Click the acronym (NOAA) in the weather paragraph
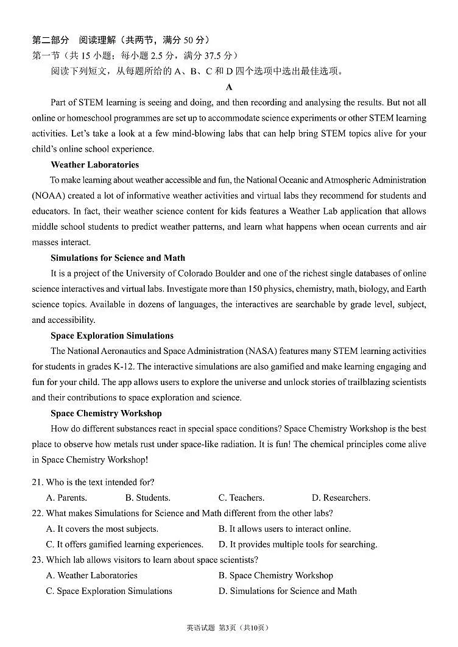(x=49, y=196)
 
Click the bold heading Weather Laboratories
(x=94, y=165)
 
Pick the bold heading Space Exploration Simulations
(x=112, y=336)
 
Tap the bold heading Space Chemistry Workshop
(x=106, y=414)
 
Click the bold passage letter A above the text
(x=229, y=88)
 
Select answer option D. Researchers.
(x=341, y=498)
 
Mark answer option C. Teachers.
(x=241, y=498)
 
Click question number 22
(x=37, y=514)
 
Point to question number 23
(x=37, y=560)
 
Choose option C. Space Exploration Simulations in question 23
(x=109, y=591)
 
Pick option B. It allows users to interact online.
(x=284, y=529)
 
